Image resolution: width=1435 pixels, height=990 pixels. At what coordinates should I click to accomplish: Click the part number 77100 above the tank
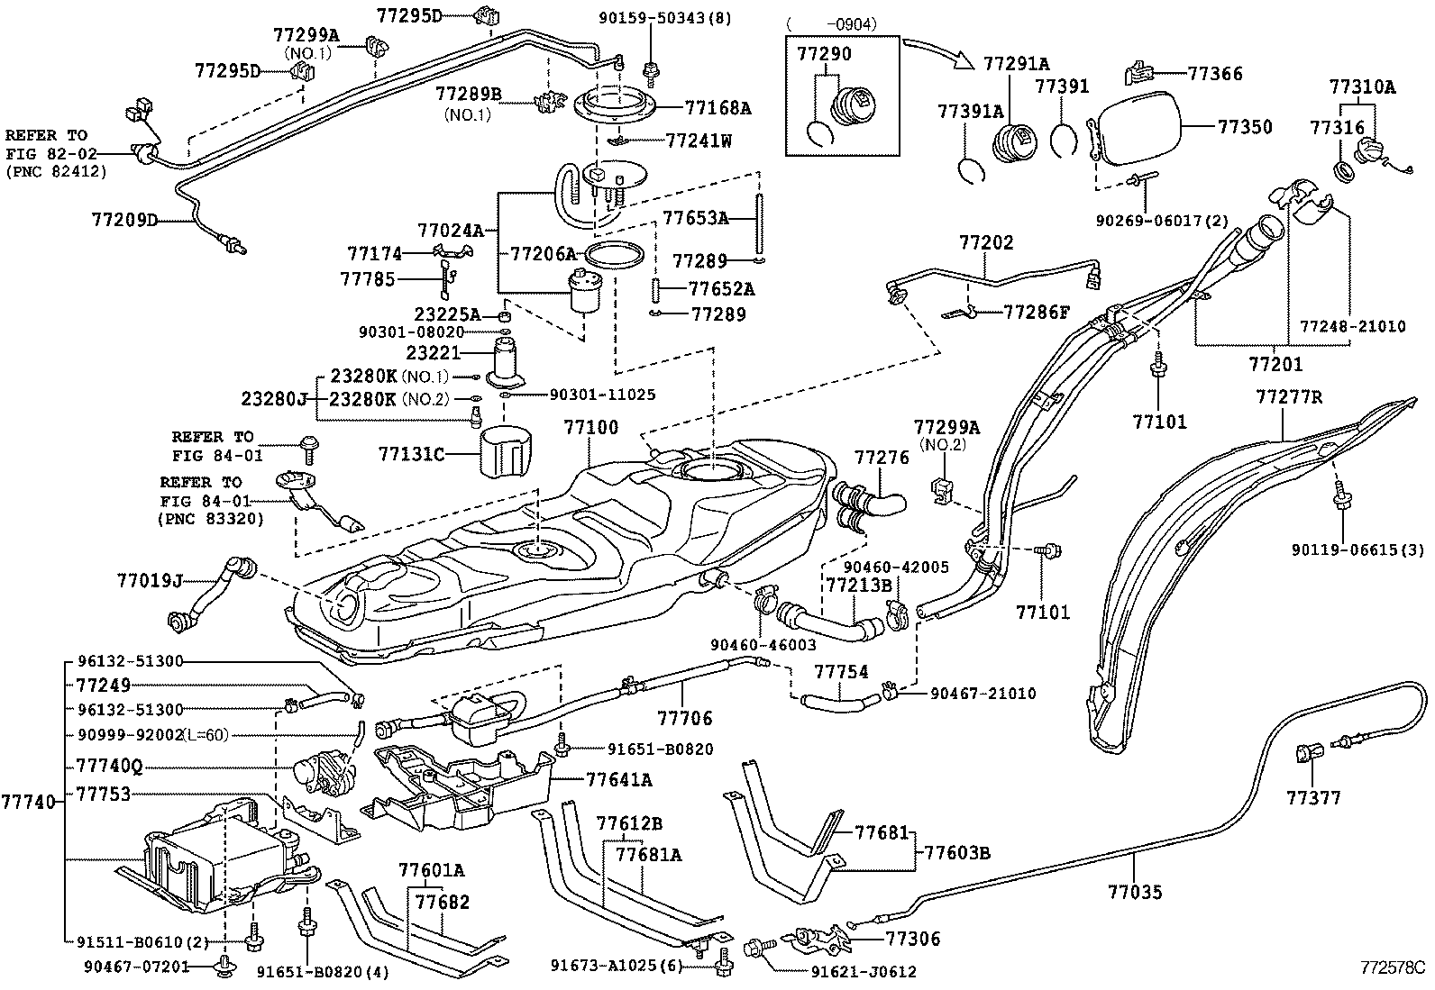coord(591,427)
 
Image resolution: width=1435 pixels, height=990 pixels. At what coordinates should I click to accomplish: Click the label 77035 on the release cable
coord(1135,893)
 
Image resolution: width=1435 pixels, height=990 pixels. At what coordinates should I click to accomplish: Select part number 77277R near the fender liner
coord(1289,396)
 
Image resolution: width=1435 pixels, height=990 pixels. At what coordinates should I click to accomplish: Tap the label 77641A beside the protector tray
coord(618,779)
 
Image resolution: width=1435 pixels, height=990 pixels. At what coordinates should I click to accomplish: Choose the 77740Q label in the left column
coord(109,767)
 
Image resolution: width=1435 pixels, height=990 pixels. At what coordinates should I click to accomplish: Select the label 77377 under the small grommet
coord(1313,798)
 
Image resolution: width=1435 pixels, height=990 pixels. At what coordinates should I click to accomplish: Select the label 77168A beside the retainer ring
coord(717,108)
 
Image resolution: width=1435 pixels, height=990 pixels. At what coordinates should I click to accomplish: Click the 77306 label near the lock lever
coord(912,939)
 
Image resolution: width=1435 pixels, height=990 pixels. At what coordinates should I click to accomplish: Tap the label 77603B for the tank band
coord(957,852)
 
